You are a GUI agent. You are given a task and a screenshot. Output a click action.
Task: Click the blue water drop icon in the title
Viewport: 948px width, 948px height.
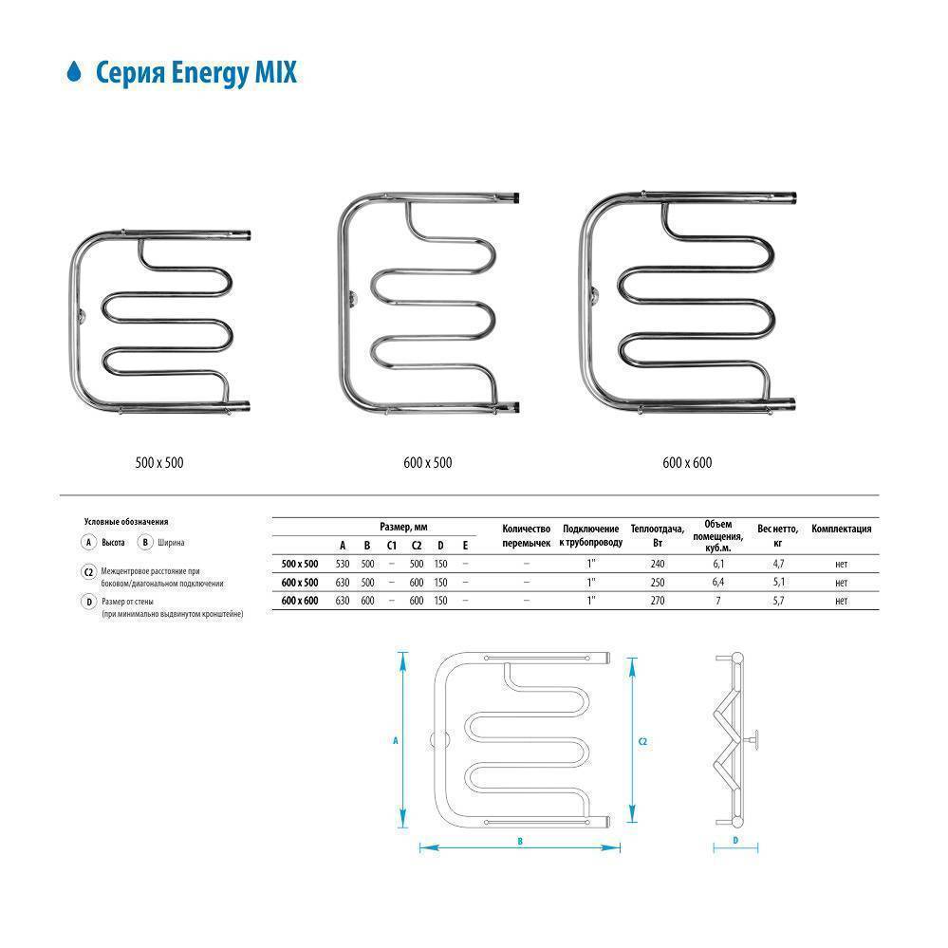[x=73, y=72]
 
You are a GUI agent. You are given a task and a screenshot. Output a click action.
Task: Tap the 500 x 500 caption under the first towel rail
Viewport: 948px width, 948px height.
[x=158, y=463]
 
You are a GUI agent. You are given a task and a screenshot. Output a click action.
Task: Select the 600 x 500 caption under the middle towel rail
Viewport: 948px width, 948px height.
[x=427, y=463]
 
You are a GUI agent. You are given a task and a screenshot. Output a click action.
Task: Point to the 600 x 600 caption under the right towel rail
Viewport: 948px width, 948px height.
[x=687, y=463]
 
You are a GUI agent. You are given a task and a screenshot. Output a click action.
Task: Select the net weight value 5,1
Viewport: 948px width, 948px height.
[x=778, y=582]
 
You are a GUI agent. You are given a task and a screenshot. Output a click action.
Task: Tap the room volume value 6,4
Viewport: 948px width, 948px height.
[x=717, y=582]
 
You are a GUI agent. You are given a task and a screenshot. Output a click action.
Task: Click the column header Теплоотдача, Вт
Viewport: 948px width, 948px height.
[x=656, y=535]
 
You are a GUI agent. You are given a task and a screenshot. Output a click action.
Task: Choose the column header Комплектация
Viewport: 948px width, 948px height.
[x=841, y=530]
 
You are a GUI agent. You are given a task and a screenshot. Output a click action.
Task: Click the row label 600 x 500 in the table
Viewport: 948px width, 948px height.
[x=300, y=582]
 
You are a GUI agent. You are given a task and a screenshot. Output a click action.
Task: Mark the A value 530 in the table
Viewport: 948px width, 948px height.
[x=343, y=564]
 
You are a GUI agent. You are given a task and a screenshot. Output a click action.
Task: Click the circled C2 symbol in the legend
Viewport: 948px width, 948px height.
[x=88, y=572]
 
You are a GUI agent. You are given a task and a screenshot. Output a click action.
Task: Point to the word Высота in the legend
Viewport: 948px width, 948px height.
[x=114, y=543]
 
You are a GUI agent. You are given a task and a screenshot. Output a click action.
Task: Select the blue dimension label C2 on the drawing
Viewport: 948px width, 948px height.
[x=643, y=740]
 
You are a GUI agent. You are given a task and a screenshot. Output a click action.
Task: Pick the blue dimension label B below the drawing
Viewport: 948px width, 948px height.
[x=521, y=841]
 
